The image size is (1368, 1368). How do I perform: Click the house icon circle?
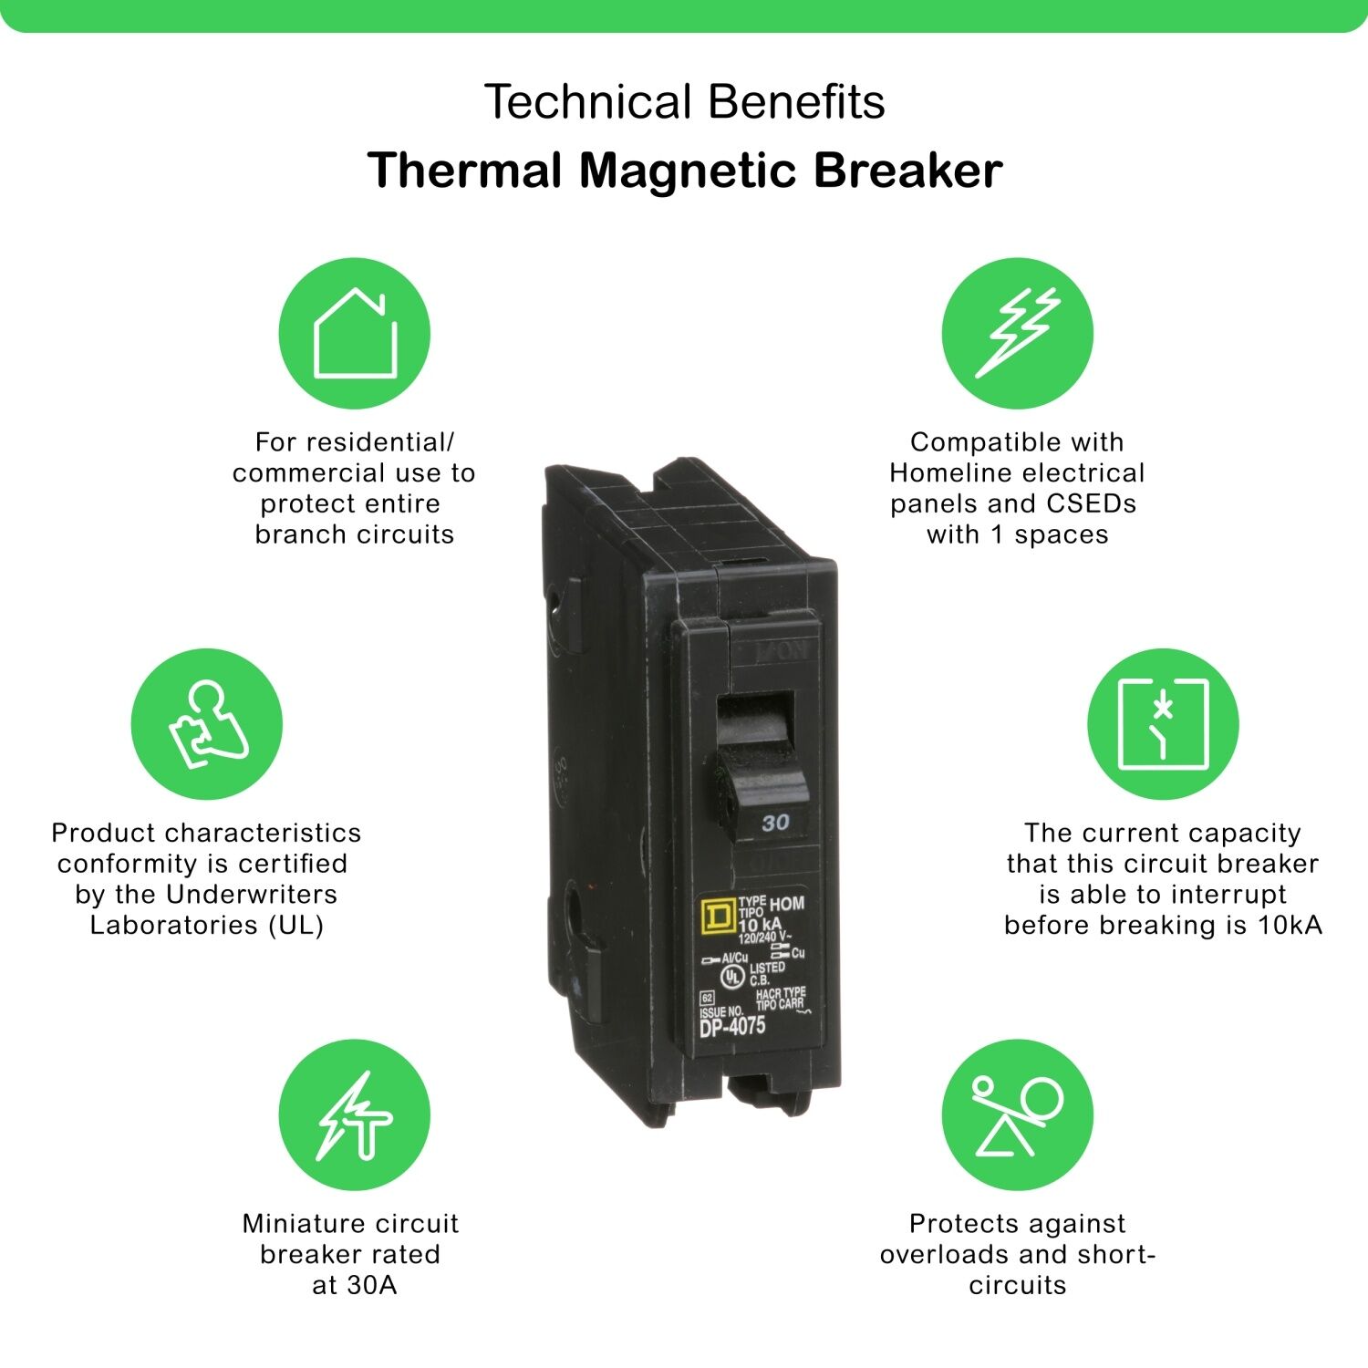point(354,333)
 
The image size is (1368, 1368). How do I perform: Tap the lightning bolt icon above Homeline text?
point(1017,333)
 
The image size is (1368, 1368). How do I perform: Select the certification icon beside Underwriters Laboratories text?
point(207,724)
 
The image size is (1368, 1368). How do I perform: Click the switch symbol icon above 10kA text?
point(1163,724)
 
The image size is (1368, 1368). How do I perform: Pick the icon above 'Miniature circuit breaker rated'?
point(354,1114)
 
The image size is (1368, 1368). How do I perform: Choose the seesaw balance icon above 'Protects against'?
point(1017,1114)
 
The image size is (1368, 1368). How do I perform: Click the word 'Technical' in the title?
point(588,101)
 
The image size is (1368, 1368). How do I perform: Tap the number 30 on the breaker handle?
point(775,823)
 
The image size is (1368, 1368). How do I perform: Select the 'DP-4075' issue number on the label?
point(732,1027)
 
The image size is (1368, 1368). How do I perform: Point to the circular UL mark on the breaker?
point(732,976)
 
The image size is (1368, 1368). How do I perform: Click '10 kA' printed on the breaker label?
point(759,925)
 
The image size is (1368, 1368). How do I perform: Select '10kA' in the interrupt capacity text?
point(1290,926)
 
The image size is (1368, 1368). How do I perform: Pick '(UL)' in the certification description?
point(296,926)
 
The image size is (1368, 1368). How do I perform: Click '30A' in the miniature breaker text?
point(372,1286)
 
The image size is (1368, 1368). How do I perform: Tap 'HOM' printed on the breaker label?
point(787,904)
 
